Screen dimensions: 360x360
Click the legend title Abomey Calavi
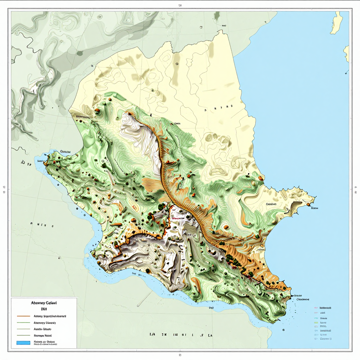[x=44, y=303]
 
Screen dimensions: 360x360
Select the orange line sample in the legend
[x=23, y=316]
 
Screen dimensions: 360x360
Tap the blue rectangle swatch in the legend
[x=23, y=342]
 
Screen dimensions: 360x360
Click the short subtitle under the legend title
[x=44, y=309]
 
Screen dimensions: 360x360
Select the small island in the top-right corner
[x=337, y=22]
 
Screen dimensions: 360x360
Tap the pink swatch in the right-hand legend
[x=316, y=308]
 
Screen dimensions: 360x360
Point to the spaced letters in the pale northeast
[x=219, y=109]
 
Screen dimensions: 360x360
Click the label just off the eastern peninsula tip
[x=314, y=208]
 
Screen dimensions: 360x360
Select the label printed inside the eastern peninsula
[x=271, y=204]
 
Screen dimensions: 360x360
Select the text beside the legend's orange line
[x=50, y=316]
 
